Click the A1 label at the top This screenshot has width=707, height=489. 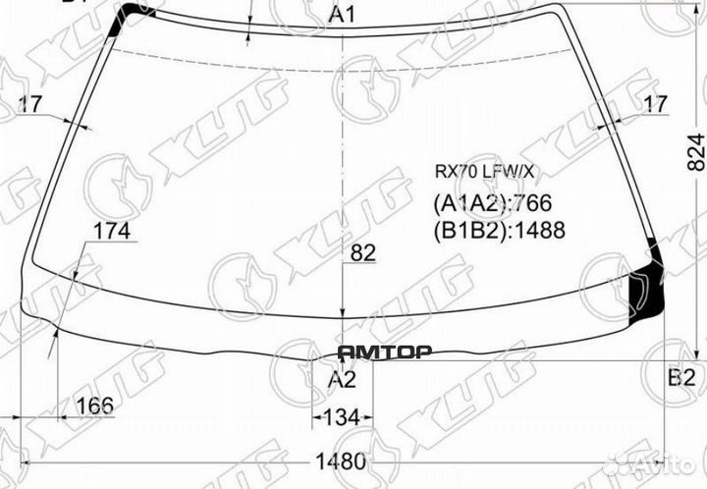click(x=342, y=15)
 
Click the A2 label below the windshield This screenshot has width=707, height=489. click(x=341, y=379)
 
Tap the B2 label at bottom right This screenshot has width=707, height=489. click(x=681, y=378)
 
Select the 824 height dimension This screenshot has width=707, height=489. click(x=695, y=152)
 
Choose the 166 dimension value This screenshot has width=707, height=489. click(x=94, y=405)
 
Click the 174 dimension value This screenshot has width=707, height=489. click(x=112, y=233)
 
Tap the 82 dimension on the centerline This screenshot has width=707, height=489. click(x=362, y=252)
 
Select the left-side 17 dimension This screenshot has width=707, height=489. click(x=29, y=102)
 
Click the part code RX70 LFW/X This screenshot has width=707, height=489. click(x=485, y=171)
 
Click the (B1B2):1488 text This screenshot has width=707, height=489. click(x=499, y=231)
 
